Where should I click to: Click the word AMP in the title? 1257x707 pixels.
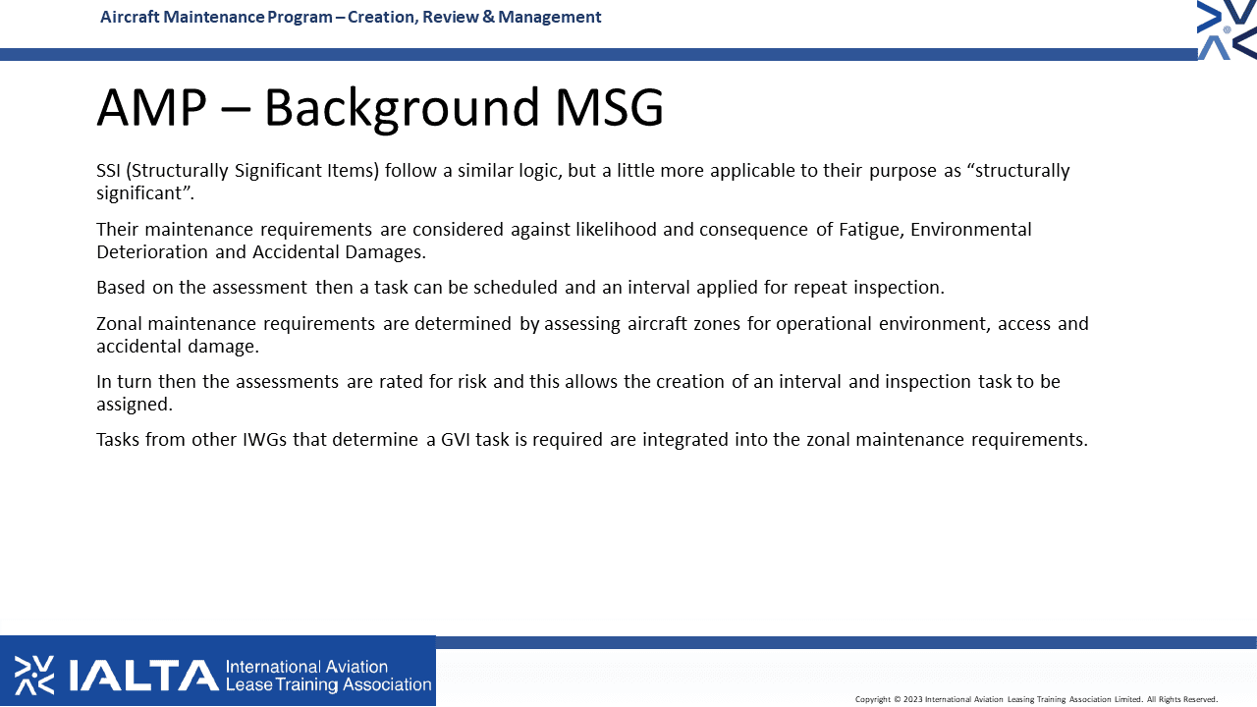[152, 107]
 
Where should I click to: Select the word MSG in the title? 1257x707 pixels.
[610, 107]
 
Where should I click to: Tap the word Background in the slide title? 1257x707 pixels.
[402, 109]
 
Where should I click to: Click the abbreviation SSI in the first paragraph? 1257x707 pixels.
[108, 171]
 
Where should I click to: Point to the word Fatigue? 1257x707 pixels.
[871, 230]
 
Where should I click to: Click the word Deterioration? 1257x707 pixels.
[152, 252]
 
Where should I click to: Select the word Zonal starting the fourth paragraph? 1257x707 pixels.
[119, 324]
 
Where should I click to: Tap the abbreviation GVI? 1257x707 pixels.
[455, 439]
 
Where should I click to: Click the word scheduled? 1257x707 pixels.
[516, 288]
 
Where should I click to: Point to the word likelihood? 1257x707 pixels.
[616, 230]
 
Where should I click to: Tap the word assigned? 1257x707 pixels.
[135, 405]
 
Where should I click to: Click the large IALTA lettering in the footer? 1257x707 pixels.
[143, 675]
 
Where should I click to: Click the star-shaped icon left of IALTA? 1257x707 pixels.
[34, 675]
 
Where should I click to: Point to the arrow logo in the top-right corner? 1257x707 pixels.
[1227, 29]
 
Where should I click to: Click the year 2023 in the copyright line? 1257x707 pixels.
[912, 699]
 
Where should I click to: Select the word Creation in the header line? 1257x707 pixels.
[382, 18]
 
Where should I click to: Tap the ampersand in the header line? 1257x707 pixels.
[488, 17]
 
